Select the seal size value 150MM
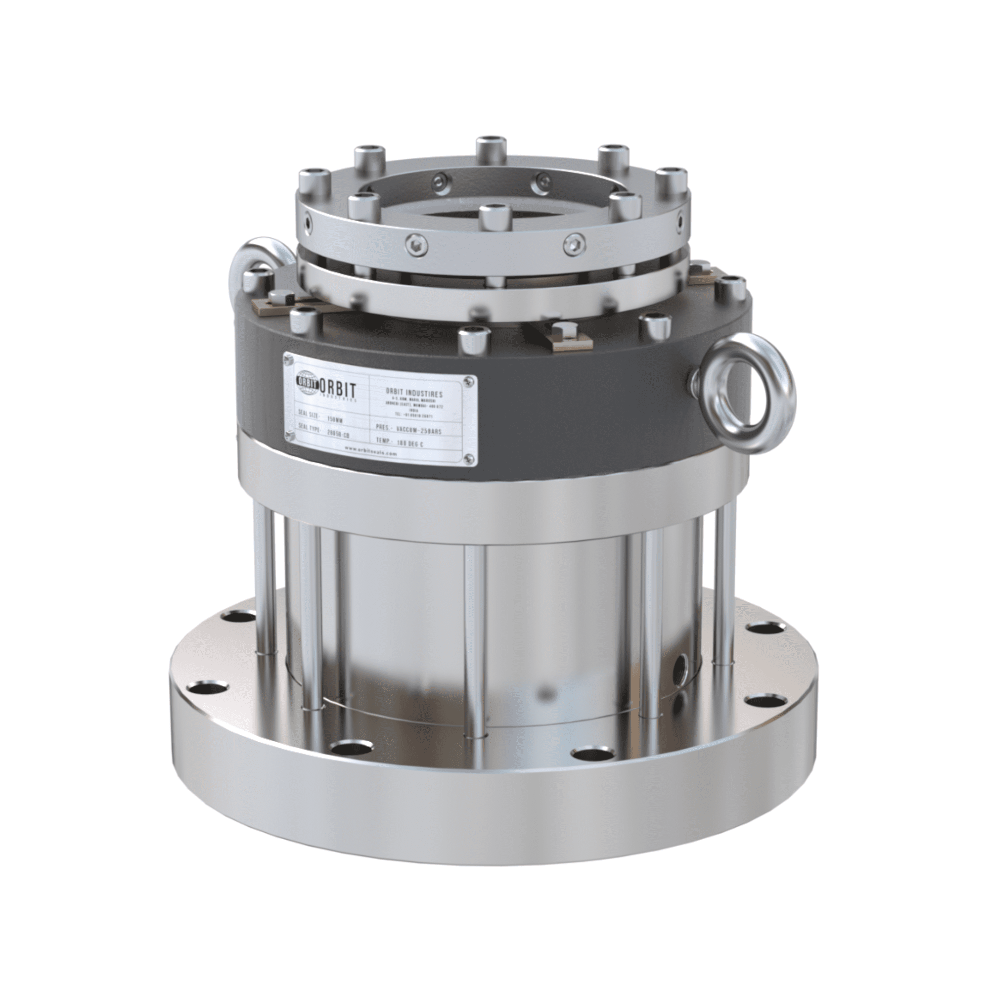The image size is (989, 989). tap(335, 419)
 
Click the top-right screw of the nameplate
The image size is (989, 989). tap(467, 381)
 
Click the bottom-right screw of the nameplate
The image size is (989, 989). tap(467, 456)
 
